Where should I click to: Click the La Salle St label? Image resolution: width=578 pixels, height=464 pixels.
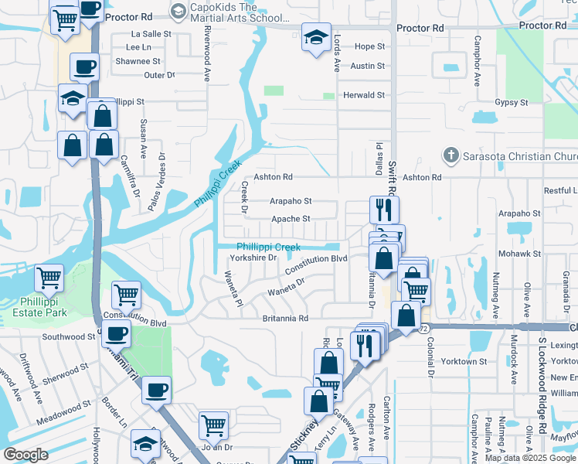151,34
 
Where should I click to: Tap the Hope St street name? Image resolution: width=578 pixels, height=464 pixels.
369,46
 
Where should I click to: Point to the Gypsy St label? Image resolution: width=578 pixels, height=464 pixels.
512,102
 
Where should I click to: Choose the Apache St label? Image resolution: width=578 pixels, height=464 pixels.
291,219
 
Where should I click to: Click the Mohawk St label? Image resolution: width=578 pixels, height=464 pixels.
519,254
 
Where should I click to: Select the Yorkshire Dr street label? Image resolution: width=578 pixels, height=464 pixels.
253,258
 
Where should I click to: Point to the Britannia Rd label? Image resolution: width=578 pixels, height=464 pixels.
285,318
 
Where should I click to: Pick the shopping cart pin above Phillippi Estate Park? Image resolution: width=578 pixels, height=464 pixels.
49,276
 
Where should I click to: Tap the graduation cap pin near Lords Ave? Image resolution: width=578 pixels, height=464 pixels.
315,38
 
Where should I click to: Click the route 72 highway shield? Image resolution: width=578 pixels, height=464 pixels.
424,329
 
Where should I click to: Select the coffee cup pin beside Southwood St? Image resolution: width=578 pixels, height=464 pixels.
116,334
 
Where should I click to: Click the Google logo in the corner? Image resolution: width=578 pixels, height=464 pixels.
25,455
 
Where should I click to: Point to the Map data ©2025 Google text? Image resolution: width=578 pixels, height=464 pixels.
530,458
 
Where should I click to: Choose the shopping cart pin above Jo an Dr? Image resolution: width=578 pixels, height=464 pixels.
213,424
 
